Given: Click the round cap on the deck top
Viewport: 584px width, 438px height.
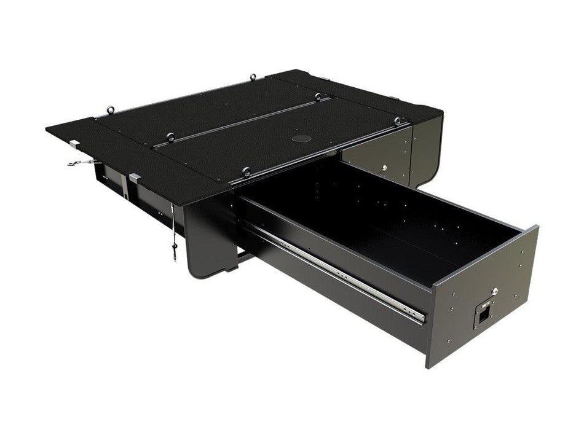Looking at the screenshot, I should (301, 138).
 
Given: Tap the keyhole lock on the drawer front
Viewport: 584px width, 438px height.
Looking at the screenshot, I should (494, 294).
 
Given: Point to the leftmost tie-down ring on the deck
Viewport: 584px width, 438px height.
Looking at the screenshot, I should (111, 109).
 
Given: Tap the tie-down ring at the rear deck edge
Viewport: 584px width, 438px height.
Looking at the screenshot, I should (253, 77).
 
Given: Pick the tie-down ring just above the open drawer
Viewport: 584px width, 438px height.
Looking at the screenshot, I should (247, 171).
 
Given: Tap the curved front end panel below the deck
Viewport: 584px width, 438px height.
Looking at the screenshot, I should (206, 237).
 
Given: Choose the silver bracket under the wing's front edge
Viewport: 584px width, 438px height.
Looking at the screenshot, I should (135, 179).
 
